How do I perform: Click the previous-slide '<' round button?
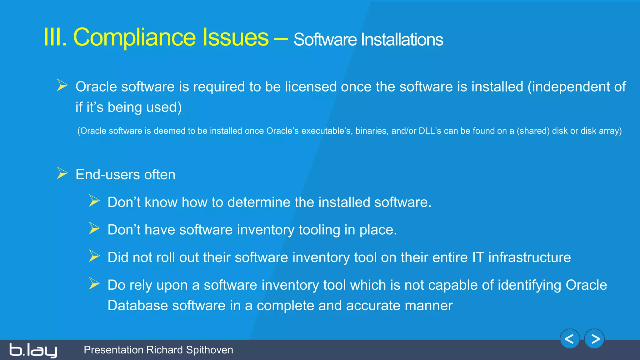click(570, 339)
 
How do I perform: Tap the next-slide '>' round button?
click(594, 339)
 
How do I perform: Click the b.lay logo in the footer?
click(33, 350)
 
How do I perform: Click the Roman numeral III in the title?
click(55, 37)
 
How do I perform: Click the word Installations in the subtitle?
click(402, 40)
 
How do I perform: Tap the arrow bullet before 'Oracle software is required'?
click(62, 85)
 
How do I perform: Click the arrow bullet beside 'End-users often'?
click(62, 173)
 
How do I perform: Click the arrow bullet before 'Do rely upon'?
click(94, 284)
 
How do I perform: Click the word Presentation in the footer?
click(113, 350)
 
